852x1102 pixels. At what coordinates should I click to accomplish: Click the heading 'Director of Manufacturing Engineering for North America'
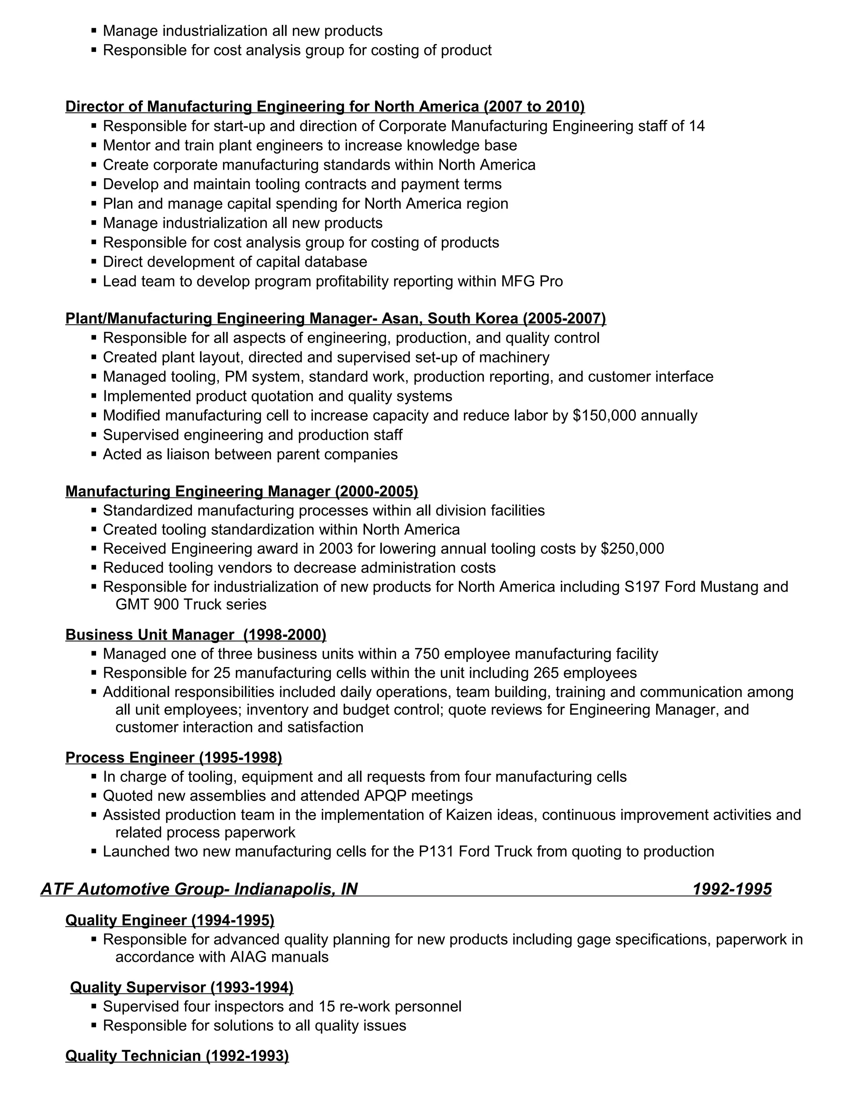272,106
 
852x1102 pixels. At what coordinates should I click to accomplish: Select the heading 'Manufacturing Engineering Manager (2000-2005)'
241,492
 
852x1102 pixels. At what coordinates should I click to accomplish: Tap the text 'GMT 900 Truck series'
191,605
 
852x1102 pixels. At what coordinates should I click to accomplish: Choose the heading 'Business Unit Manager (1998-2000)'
196,635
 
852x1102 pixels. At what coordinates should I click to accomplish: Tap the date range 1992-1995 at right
732,889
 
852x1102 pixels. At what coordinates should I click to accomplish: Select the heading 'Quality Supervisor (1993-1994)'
182,988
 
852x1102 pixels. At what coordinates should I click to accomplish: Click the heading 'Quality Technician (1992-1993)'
177,1056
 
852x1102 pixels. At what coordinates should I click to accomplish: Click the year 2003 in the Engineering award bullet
334,549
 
